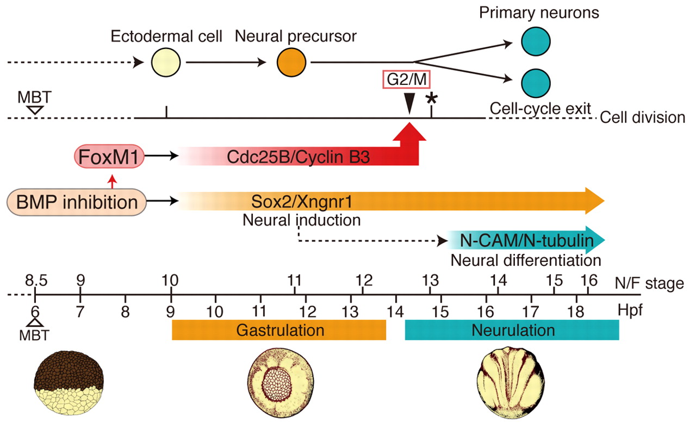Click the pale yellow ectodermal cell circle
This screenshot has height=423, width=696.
(x=166, y=63)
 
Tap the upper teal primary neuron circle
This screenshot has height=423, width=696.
(x=536, y=42)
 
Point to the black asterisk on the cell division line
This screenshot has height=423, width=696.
(x=432, y=99)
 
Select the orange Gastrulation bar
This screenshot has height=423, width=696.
(x=279, y=330)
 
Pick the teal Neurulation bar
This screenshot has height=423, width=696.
(x=512, y=330)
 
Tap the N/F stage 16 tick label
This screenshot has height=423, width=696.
(x=589, y=281)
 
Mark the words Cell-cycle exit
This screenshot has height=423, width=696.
(x=540, y=108)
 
